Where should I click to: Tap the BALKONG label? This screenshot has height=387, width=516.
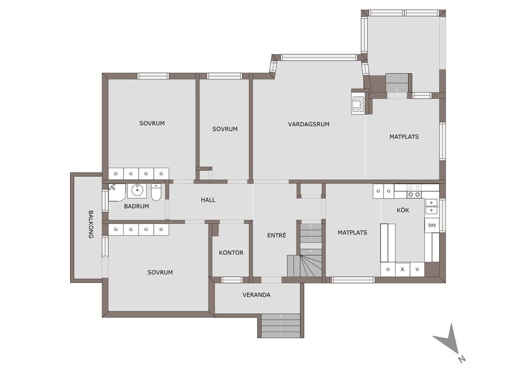pyautogui.click(x=91, y=224)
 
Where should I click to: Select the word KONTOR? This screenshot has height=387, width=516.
pyautogui.click(x=231, y=253)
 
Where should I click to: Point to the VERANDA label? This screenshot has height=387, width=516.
pyautogui.click(x=256, y=295)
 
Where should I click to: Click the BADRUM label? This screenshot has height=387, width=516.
pyautogui.click(x=136, y=206)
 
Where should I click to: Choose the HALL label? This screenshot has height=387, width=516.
pyautogui.click(x=208, y=200)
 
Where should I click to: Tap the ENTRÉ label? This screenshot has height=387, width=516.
pyautogui.click(x=277, y=235)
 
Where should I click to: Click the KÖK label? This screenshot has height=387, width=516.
pyautogui.click(x=403, y=210)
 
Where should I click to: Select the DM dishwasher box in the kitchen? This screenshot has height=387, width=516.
pyautogui.click(x=432, y=225)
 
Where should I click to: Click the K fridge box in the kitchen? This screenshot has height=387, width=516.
pyautogui.click(x=403, y=270)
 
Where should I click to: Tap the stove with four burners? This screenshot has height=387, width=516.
pyautogui.click(x=414, y=191)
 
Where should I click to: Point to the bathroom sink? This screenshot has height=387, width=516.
pyautogui.click(x=137, y=190)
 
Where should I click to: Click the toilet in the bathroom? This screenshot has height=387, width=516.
pyautogui.click(x=156, y=192)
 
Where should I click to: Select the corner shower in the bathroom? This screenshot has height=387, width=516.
pyautogui.click(x=117, y=192)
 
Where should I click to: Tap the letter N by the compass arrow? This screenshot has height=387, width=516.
pyautogui.click(x=462, y=359)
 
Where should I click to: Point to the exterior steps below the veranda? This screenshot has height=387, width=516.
pyautogui.click(x=280, y=326)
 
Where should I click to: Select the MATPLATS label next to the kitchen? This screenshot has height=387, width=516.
pyautogui.click(x=352, y=233)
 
